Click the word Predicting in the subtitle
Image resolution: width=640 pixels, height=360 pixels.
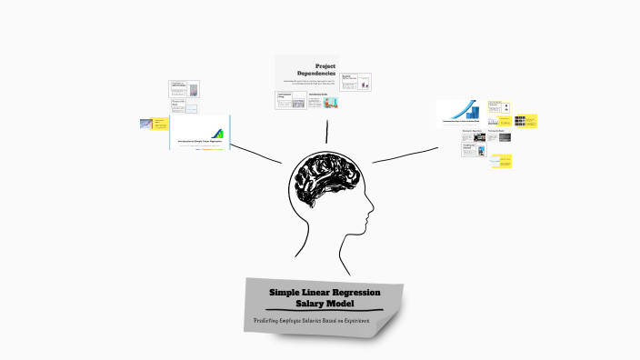(272, 321)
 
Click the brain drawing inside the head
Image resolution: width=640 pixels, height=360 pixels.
(324, 183)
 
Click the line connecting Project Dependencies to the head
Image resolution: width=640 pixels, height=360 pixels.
(326, 130)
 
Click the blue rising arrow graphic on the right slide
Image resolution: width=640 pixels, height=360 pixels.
(472, 108)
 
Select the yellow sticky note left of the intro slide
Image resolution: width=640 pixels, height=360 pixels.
(158, 124)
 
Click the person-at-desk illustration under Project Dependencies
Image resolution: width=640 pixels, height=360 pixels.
(331, 103)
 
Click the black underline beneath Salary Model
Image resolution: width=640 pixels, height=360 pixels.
(324, 311)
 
